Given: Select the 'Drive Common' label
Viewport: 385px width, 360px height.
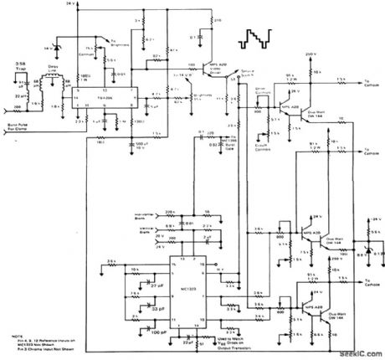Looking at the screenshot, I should coord(262,86).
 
